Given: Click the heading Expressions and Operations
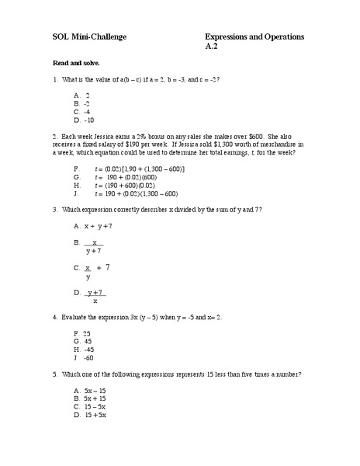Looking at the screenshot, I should (x=254, y=37).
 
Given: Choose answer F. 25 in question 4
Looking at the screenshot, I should (x=82, y=332).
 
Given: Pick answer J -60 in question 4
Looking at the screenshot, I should (x=83, y=358).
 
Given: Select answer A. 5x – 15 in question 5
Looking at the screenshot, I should (x=89, y=389).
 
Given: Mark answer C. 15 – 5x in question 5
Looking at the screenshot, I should (x=89, y=406).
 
